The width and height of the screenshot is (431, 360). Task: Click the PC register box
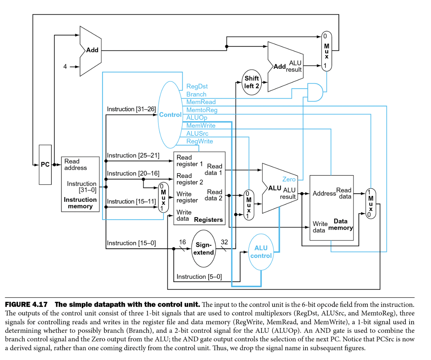tap(45, 165)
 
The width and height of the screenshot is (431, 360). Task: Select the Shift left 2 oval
tap(252, 82)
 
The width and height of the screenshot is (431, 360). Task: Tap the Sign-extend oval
tap(203, 249)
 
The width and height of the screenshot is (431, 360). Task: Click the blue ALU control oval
tap(261, 252)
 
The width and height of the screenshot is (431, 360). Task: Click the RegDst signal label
tap(197, 86)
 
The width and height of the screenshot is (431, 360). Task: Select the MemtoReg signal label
tap(202, 110)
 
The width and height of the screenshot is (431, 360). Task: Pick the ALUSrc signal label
tap(197, 134)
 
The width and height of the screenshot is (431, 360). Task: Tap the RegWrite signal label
tap(200, 141)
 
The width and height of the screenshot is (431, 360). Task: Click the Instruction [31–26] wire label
tap(131, 109)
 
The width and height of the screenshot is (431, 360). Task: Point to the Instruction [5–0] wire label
tap(199, 277)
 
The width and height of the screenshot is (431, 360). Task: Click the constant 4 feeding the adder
tap(65, 67)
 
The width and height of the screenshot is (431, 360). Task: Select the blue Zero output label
tap(289, 179)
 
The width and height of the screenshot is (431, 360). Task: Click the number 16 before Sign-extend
tap(182, 242)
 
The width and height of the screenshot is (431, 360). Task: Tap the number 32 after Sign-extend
tap(225, 242)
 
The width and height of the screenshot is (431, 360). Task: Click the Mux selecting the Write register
tap(163, 197)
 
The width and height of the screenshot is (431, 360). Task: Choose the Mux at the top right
tap(327, 51)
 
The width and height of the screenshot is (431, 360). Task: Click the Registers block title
tap(208, 220)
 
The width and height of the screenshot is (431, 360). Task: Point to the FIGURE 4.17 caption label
tap(26, 305)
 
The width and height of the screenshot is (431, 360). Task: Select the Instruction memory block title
tap(80, 203)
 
